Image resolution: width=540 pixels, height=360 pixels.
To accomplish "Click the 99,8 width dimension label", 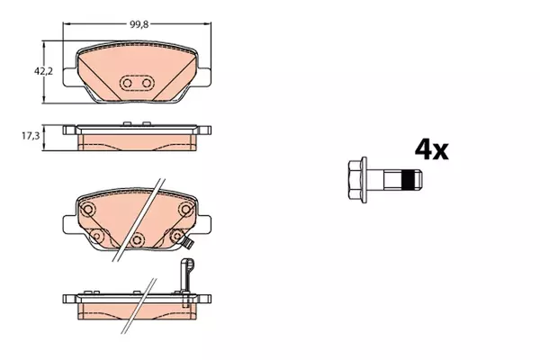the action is click(x=139, y=25).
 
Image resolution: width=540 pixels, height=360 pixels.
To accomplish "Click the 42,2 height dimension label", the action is click(x=43, y=72).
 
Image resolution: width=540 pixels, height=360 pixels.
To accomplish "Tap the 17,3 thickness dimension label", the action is click(x=31, y=136).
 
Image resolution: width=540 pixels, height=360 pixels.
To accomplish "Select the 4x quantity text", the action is click(x=431, y=149).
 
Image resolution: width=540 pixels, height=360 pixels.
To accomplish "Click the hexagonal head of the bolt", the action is click(x=355, y=180).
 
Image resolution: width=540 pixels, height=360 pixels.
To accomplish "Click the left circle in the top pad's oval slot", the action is click(x=127, y=83).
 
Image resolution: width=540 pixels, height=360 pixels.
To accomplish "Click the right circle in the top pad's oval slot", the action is click(x=147, y=83).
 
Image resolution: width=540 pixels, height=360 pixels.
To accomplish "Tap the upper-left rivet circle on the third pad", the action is click(x=88, y=209).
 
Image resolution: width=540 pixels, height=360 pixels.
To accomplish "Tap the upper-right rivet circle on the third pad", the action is click(x=186, y=209).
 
